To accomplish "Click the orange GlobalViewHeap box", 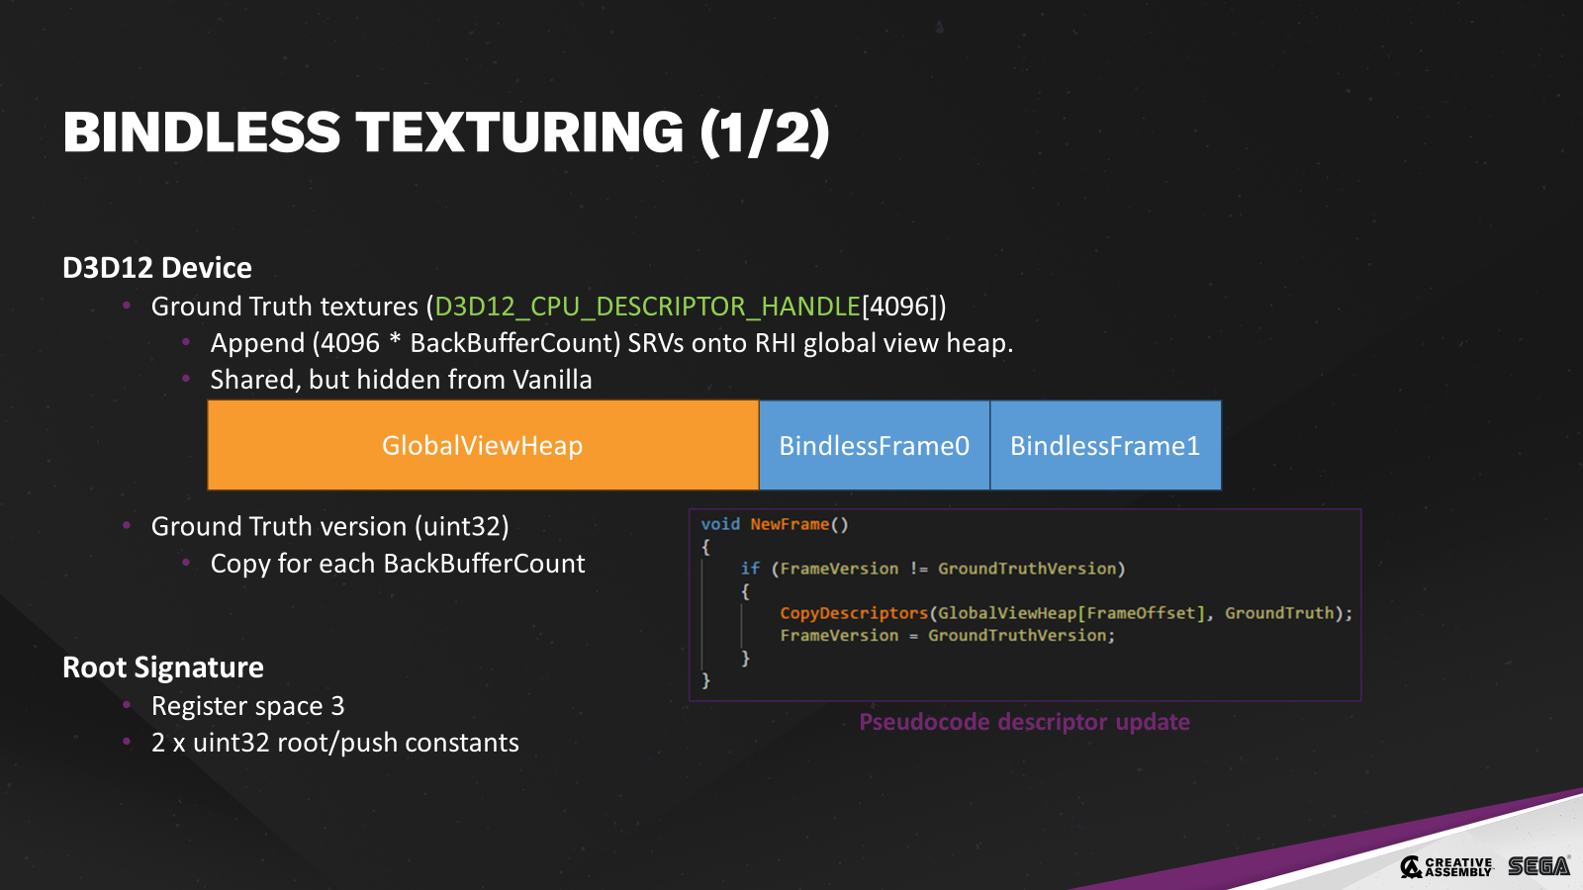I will (483, 445).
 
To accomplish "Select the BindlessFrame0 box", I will (874, 445).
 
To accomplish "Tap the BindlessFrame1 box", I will (1105, 445).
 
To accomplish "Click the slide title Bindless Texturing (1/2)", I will (446, 133).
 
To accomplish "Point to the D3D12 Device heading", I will (157, 268).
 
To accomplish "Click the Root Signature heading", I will (163, 667).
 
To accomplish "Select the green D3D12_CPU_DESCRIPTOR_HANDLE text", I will (648, 307).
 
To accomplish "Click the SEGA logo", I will (1538, 866).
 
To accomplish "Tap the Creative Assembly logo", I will (1446, 866).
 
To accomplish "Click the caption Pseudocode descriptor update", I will (1024, 722).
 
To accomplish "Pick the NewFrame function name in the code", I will (789, 524).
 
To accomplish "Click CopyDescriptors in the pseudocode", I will (854, 613).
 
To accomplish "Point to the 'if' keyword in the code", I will (750, 569).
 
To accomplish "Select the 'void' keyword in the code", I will (720, 524).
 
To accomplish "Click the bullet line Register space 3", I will (247, 706).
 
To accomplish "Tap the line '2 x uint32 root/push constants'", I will (334, 743).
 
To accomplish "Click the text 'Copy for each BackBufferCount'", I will (398, 564).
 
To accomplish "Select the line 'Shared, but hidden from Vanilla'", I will (401, 380).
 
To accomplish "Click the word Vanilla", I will (552, 380).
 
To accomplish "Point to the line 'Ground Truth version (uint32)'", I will (329, 526).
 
